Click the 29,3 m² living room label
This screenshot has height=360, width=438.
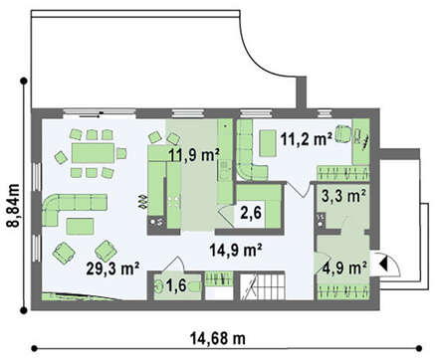point(112,268)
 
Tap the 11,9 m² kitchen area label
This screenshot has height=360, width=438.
point(194,154)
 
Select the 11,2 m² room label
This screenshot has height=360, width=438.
point(307,139)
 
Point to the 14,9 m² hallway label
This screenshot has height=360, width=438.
point(236,250)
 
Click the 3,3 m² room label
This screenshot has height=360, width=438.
point(343,196)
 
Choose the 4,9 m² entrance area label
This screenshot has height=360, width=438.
point(344,268)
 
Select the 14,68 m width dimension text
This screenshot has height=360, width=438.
point(218,338)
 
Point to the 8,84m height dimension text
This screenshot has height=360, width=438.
point(14,205)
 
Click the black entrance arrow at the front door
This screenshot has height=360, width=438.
point(383,264)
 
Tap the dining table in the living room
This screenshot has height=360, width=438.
point(93,153)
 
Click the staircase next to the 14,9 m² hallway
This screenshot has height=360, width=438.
point(263,285)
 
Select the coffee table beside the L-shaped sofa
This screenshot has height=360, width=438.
point(80,227)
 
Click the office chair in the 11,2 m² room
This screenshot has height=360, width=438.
point(343,133)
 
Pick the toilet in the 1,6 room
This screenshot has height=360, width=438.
point(158,286)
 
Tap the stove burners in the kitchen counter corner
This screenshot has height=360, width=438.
point(156,221)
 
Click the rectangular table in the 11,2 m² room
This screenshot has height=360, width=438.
point(268,143)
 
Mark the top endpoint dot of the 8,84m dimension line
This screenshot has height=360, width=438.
point(24,81)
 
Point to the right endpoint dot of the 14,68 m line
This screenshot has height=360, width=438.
point(419,348)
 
